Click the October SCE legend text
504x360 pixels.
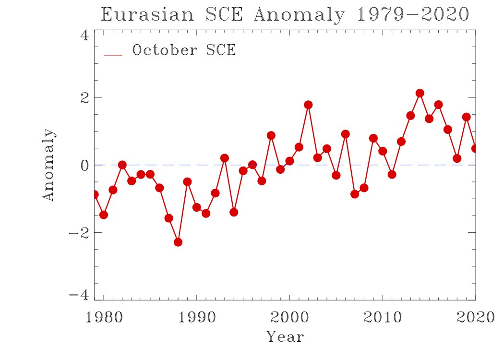(x=184, y=50)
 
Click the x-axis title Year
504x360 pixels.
(x=285, y=336)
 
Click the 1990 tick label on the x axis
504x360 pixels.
(x=196, y=317)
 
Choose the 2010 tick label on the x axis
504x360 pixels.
(x=383, y=317)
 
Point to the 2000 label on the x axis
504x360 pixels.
(x=289, y=317)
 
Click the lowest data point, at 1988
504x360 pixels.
(x=178, y=242)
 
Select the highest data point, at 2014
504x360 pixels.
(x=420, y=93)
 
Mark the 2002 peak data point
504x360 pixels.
(x=308, y=105)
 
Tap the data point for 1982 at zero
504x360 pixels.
(x=122, y=165)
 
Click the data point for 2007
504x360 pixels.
(x=355, y=194)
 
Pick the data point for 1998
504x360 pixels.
(x=271, y=135)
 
